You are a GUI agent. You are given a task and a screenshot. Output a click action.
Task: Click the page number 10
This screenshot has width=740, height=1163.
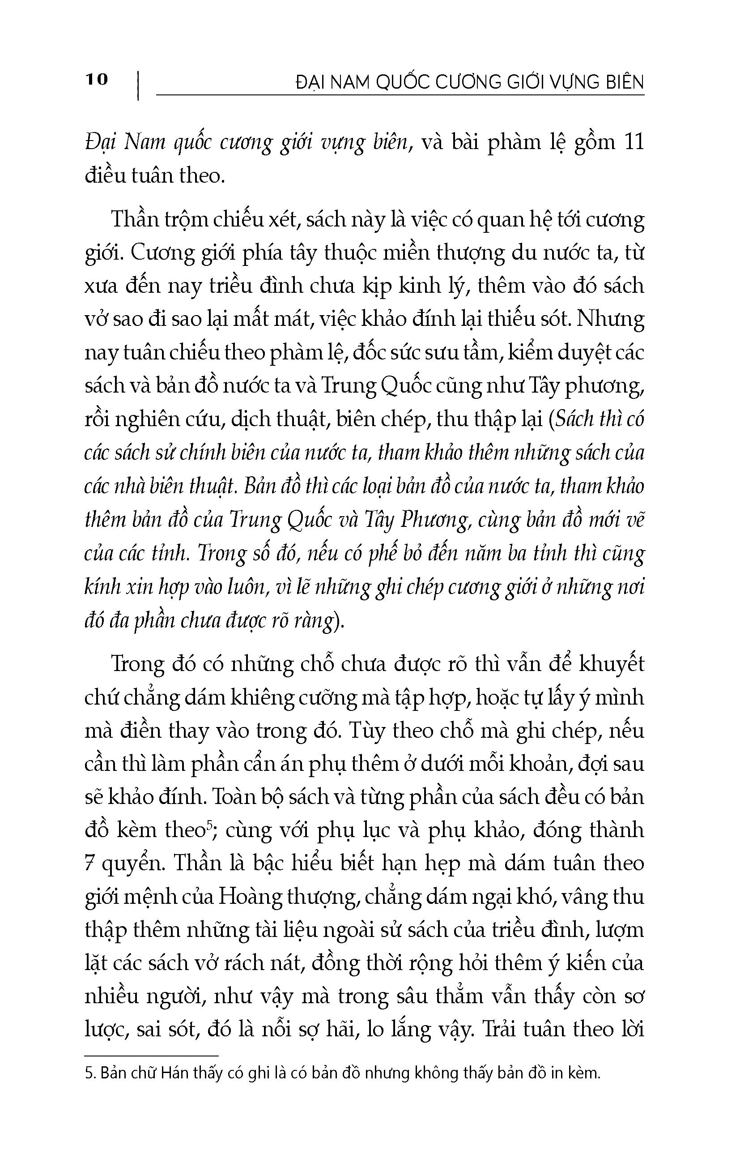(97, 79)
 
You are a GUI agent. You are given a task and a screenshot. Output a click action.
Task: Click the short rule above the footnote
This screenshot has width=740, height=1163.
(151, 1056)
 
